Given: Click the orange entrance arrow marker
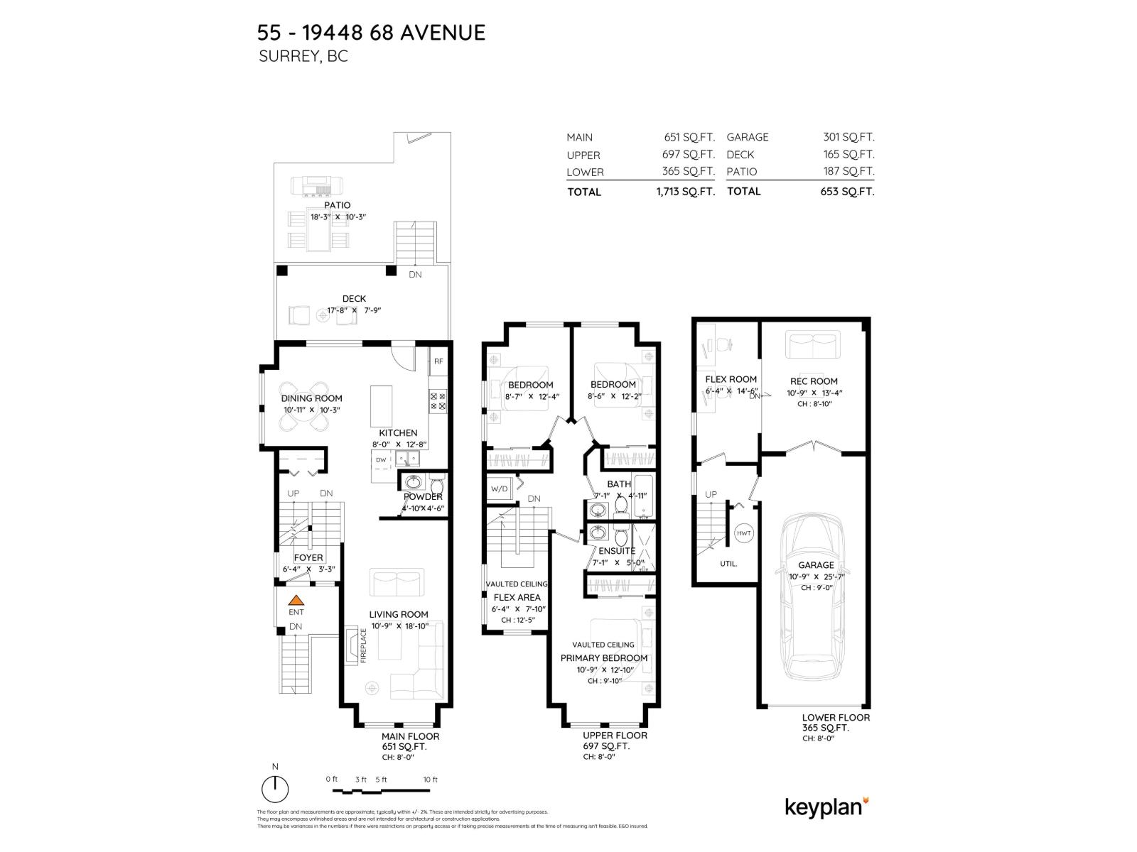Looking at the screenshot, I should point(296,600).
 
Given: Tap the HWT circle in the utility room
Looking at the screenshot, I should point(744,533).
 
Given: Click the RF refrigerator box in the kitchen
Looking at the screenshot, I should point(438,361).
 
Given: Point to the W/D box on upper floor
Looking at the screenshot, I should point(499,489).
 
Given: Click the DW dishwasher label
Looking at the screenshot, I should point(381,460).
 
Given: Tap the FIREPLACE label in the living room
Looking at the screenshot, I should point(363,645).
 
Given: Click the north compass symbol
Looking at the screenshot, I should point(275,788).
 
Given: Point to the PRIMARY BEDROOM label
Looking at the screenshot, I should point(604,658).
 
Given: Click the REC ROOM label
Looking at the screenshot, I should point(814,381).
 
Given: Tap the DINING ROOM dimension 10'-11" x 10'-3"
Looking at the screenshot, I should point(311,410).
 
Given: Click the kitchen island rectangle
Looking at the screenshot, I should point(382,406).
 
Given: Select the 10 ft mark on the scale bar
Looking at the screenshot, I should point(430,780).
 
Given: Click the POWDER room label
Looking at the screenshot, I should point(423,497).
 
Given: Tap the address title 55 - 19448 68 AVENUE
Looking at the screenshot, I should point(371,33).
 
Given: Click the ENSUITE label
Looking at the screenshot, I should point(616,551).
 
